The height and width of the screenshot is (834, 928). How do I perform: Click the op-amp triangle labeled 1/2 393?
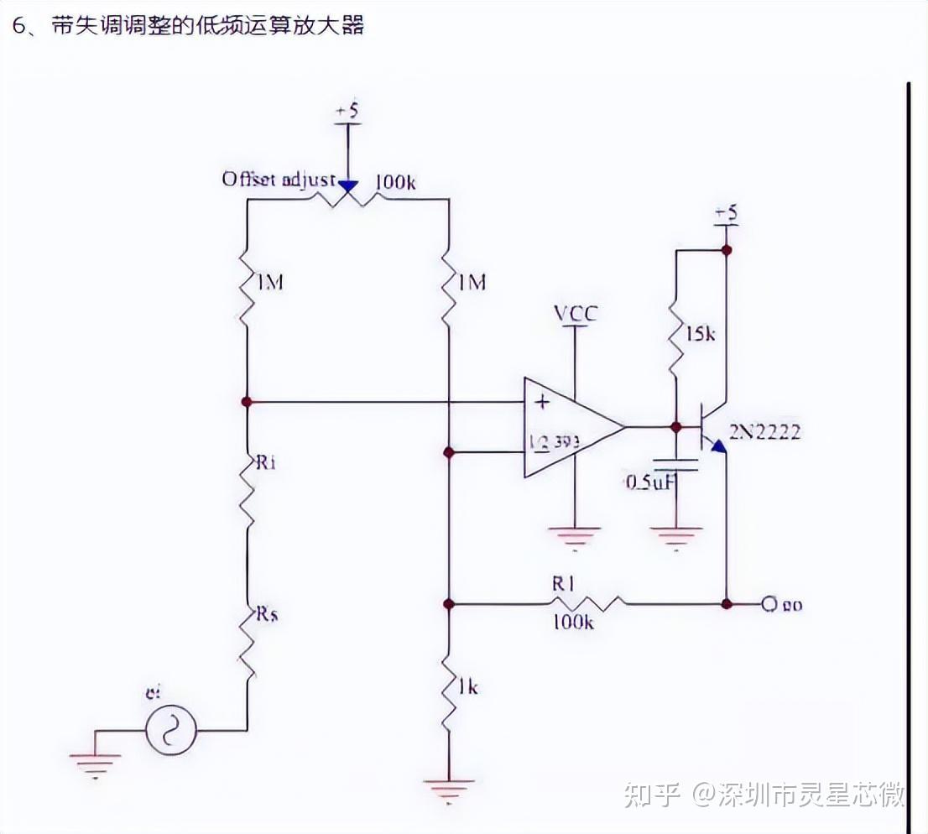[x=566, y=427]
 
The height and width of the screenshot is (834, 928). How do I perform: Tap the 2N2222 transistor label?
[x=764, y=432]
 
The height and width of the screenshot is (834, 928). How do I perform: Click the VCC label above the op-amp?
[x=576, y=314]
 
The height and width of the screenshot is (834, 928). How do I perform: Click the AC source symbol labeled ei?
[x=171, y=729]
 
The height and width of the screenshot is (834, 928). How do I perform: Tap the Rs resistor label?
[x=267, y=614]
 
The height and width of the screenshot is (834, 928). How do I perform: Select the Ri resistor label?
[x=266, y=463]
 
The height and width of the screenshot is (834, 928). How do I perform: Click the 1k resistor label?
[x=467, y=686]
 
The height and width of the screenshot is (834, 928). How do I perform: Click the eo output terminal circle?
[x=767, y=604]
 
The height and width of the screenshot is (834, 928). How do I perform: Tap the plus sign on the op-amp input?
[x=542, y=402]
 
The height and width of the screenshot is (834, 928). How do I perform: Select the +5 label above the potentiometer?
[x=347, y=112]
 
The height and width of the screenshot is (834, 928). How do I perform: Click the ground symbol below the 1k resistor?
[x=448, y=789]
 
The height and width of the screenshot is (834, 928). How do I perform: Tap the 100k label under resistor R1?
[x=573, y=623]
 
